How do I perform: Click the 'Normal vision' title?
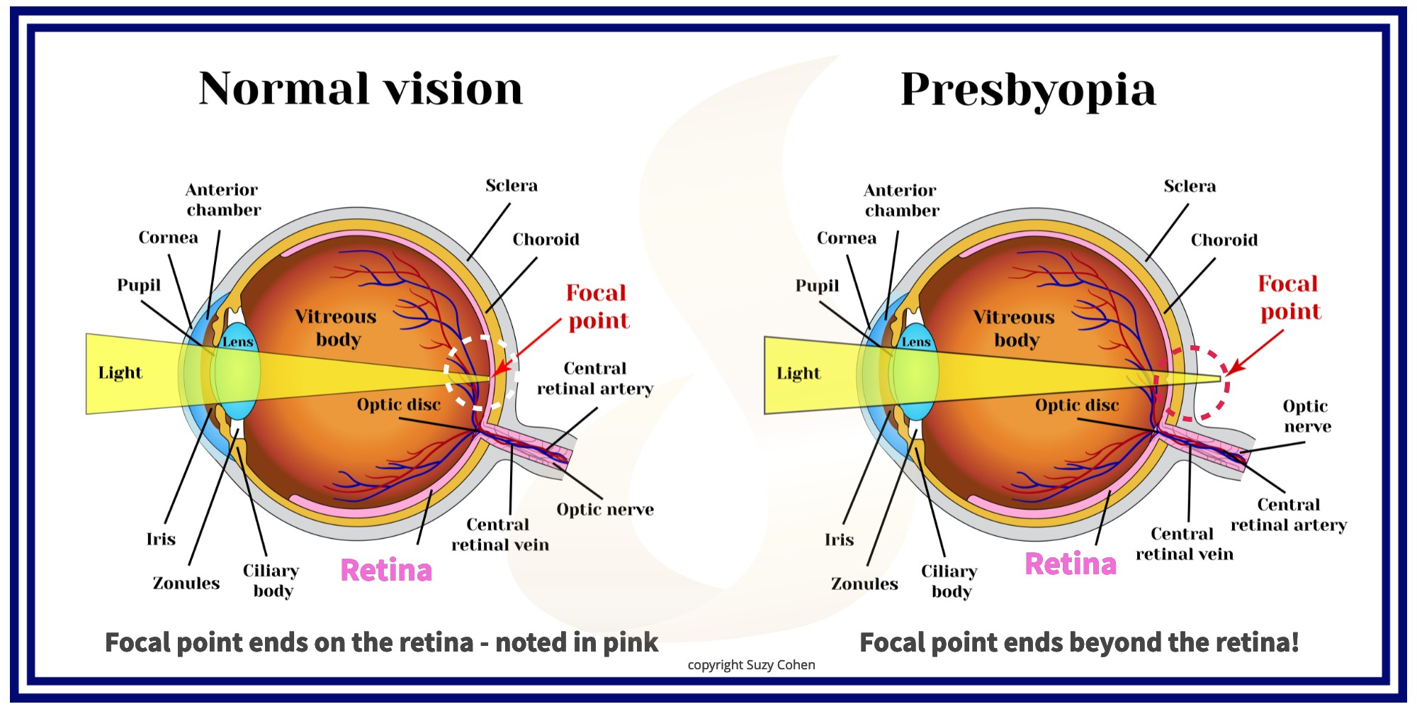pyautogui.click(x=361, y=89)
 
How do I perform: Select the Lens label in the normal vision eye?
pyautogui.click(x=237, y=342)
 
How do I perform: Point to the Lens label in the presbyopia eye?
pyautogui.click(x=916, y=342)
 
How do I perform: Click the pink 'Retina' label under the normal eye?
pyautogui.click(x=386, y=570)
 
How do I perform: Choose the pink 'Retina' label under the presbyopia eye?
pyautogui.click(x=1071, y=564)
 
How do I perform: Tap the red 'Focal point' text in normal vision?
pyautogui.click(x=597, y=306)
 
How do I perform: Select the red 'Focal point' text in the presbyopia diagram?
pyautogui.click(x=1289, y=298)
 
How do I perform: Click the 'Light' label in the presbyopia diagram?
pyautogui.click(x=798, y=374)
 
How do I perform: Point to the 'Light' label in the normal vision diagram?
pyautogui.click(x=120, y=373)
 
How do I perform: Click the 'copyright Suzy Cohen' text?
pyautogui.click(x=751, y=665)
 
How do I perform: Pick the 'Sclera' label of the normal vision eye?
pyautogui.click(x=512, y=186)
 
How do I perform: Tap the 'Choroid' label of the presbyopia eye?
pyautogui.click(x=1224, y=240)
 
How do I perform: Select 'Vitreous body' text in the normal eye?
pyautogui.click(x=337, y=328)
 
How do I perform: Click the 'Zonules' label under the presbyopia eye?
pyautogui.click(x=864, y=584)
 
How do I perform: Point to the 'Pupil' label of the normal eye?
pyautogui.click(x=139, y=285)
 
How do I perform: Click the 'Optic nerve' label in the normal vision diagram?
pyautogui.click(x=604, y=510)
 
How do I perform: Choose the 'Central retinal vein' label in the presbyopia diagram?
pyautogui.click(x=1184, y=544)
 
